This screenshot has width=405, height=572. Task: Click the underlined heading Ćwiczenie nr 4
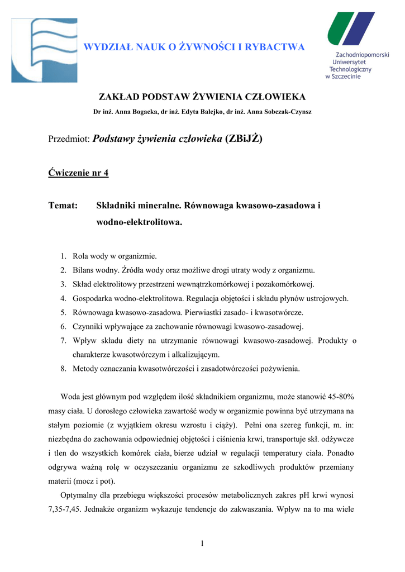[79, 173]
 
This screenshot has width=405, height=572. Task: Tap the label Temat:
[63, 206]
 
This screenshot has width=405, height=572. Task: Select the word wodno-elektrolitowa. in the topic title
[139, 222]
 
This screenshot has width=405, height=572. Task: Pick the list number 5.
[63, 312]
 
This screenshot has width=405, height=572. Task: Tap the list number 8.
[63, 368]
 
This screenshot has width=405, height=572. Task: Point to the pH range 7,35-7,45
[70, 508]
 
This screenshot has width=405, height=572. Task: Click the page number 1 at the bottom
[202, 544]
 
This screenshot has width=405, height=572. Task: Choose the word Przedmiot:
[69, 139]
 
